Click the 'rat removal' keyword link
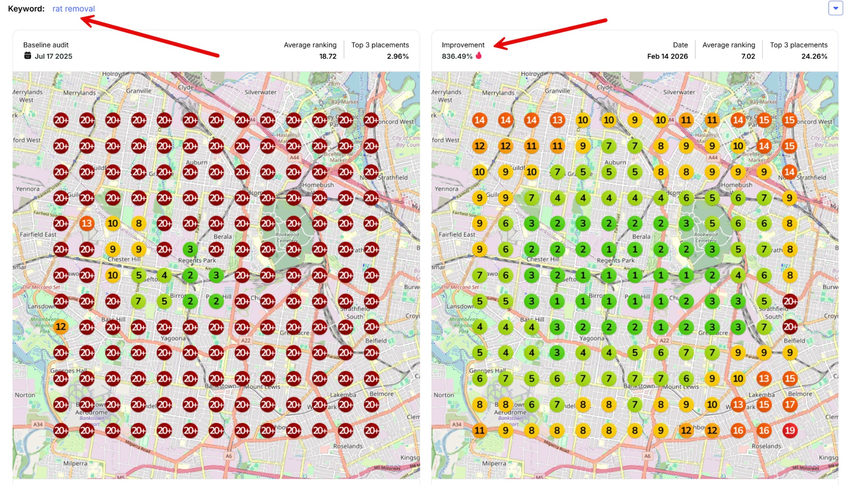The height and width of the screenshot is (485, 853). [73, 8]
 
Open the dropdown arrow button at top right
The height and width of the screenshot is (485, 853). [835, 8]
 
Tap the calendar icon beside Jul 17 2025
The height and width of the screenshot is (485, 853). [28, 56]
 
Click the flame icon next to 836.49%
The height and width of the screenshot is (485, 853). [478, 56]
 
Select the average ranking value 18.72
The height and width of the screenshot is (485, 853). [327, 56]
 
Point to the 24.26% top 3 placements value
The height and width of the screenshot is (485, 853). [814, 56]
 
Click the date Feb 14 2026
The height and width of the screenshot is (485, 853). [667, 56]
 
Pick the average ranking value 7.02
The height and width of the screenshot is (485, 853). [748, 56]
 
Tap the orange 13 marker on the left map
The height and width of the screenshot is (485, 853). [87, 223]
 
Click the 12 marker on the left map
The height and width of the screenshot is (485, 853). [61, 327]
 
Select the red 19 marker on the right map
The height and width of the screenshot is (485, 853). [789, 430]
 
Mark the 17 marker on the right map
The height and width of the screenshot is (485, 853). [789, 404]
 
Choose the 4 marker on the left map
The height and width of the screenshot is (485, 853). [164, 275]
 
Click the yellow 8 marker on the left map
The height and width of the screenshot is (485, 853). [139, 223]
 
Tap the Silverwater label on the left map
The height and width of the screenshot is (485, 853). [260, 92]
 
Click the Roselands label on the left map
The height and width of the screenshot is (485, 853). [347, 446]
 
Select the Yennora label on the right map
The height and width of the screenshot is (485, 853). [446, 189]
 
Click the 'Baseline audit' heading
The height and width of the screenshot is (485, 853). [46, 45]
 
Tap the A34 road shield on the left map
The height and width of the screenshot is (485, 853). [38, 425]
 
